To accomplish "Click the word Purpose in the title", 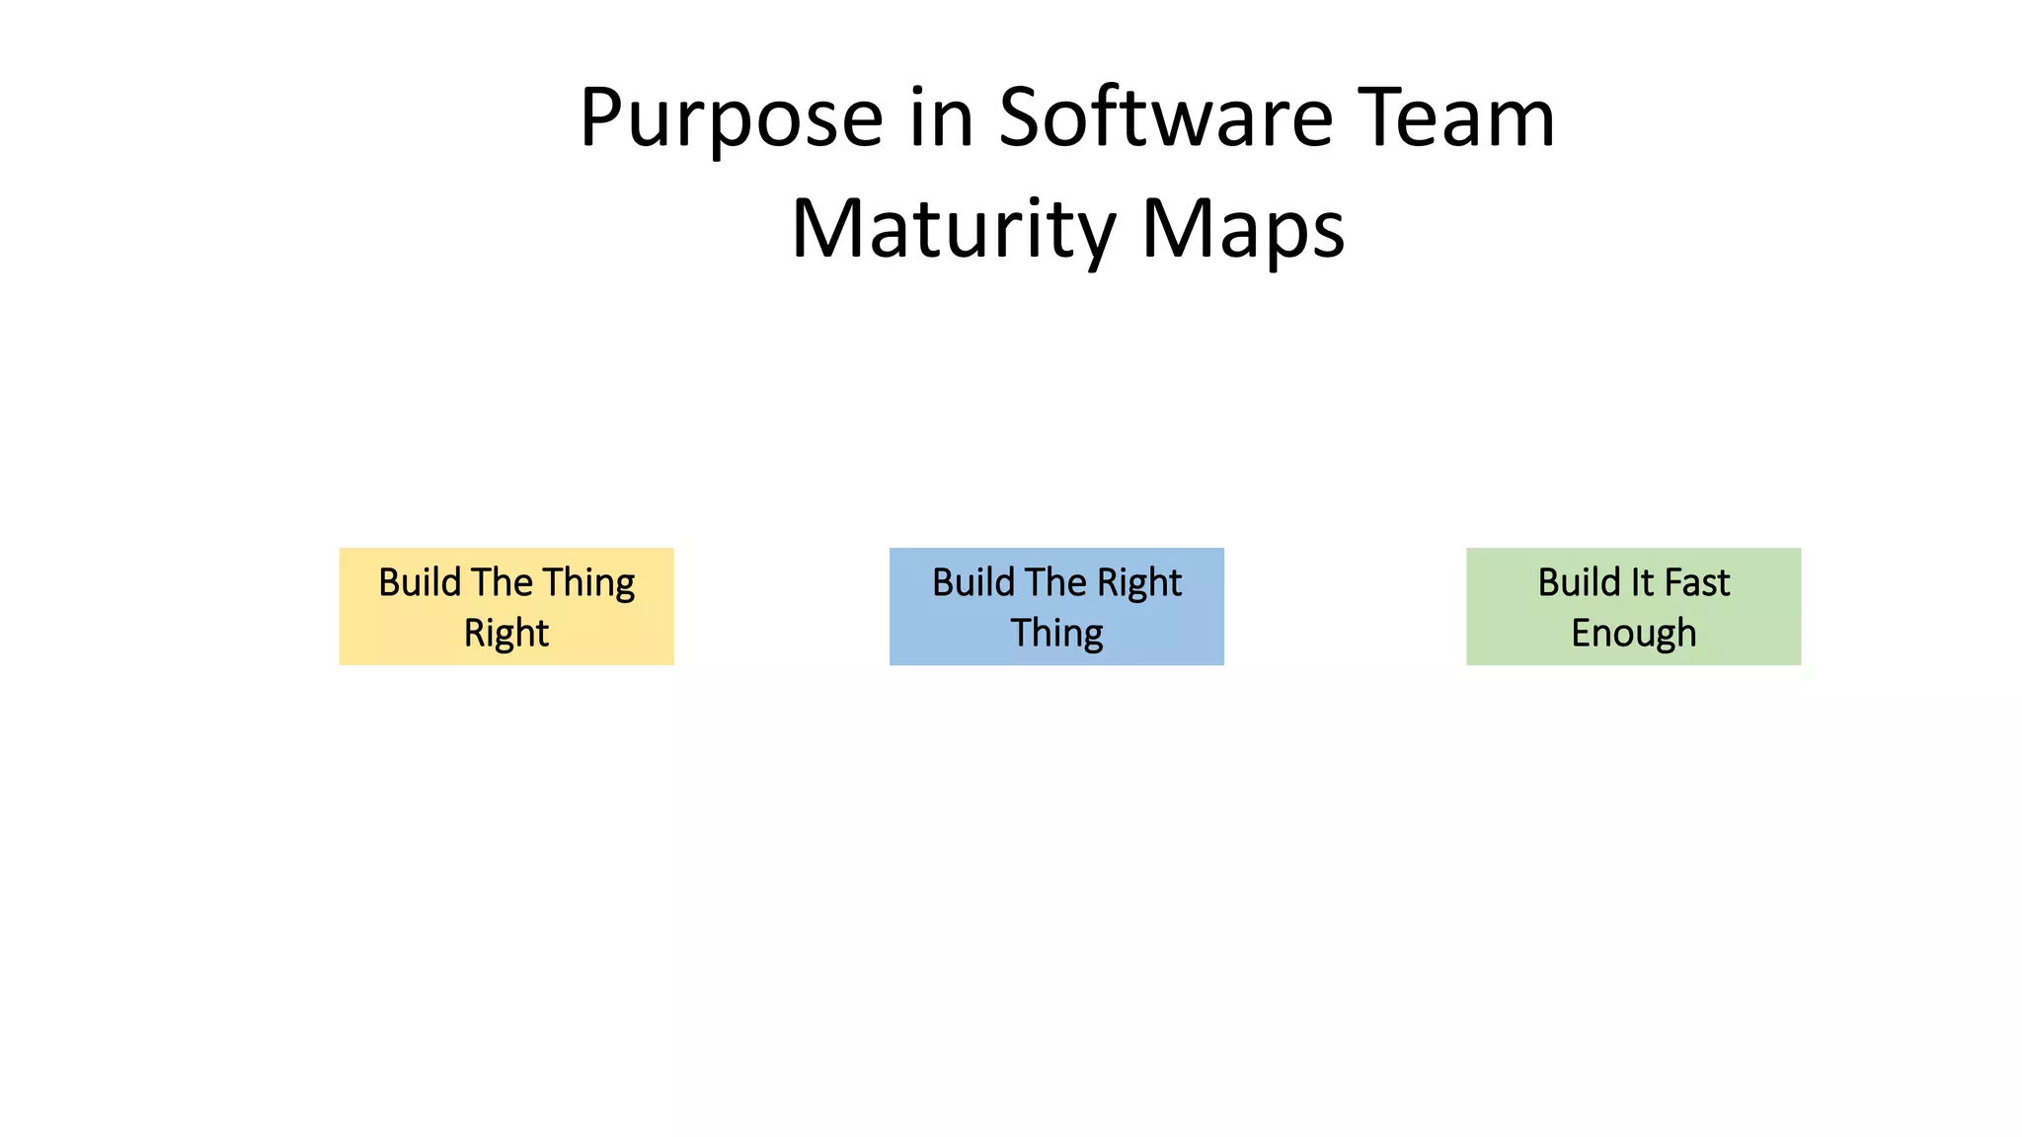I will point(731,119).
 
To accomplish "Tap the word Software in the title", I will point(1166,117).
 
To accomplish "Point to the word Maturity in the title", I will point(954,230).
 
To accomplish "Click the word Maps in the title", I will point(1243,230).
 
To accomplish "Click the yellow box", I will point(506,606).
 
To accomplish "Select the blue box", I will point(1056,606).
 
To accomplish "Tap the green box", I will point(1633,606).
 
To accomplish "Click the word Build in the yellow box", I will point(420,582).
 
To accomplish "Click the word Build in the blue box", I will point(973,582).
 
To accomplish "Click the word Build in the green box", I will point(1579,582).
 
